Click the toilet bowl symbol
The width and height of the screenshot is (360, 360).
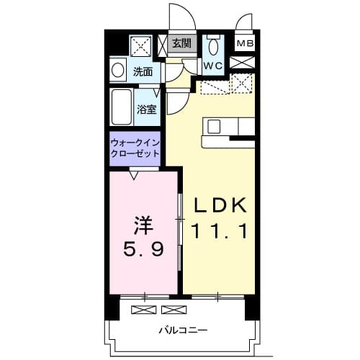coord(213,47)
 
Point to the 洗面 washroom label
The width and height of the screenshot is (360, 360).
coord(143,71)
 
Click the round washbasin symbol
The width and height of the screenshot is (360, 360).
coord(117,71)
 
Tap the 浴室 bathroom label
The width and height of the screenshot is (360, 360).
coord(148,109)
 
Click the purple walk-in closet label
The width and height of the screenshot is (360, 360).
coord(136,148)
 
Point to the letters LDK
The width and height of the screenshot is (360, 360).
coord(220,206)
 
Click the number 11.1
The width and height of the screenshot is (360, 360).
coord(220,232)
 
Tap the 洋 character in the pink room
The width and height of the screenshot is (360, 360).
coord(143,224)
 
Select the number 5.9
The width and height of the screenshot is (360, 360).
coord(143,251)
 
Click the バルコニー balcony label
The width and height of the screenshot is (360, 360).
coord(179,331)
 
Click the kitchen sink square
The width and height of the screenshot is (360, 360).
coord(215,127)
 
